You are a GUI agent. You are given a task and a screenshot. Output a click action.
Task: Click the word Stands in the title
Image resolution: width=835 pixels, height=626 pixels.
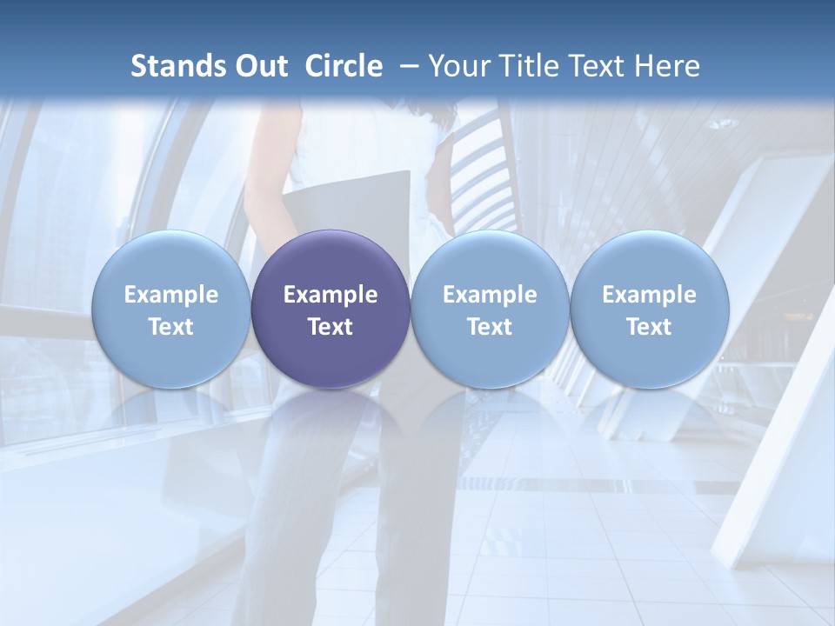click(x=171, y=66)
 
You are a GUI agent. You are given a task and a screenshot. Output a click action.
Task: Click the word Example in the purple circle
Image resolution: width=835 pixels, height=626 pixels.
click(x=331, y=295)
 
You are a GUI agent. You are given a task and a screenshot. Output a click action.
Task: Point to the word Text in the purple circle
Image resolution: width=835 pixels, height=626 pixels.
click(x=331, y=327)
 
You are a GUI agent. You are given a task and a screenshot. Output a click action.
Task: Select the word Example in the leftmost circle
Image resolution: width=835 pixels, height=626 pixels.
click(x=170, y=295)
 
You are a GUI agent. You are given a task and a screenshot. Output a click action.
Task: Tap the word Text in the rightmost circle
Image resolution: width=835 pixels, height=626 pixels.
click(x=649, y=327)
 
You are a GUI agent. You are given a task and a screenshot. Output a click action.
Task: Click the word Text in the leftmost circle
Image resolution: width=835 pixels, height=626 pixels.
click(x=170, y=327)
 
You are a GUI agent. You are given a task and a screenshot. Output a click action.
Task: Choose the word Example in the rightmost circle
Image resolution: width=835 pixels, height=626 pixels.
click(x=649, y=295)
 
